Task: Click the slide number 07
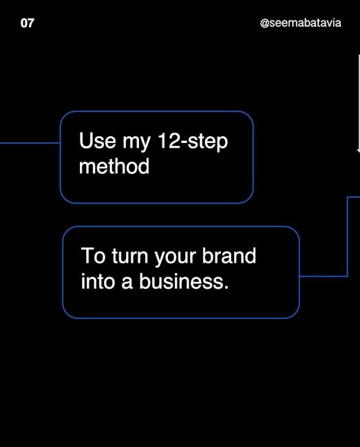click(28, 23)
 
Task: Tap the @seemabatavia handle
click(300, 23)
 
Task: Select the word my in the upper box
click(136, 143)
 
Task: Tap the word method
click(114, 166)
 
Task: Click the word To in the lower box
click(93, 256)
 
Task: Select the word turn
click(130, 257)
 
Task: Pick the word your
click(175, 259)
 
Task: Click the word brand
click(229, 255)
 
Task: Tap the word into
click(98, 281)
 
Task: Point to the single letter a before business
click(127, 283)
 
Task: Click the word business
click(181, 281)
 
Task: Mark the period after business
click(226, 287)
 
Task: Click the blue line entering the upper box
click(30, 143)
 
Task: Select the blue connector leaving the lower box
click(347, 237)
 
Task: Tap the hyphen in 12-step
click(184, 143)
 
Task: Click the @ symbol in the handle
click(264, 23)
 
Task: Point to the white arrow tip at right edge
click(359, 152)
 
